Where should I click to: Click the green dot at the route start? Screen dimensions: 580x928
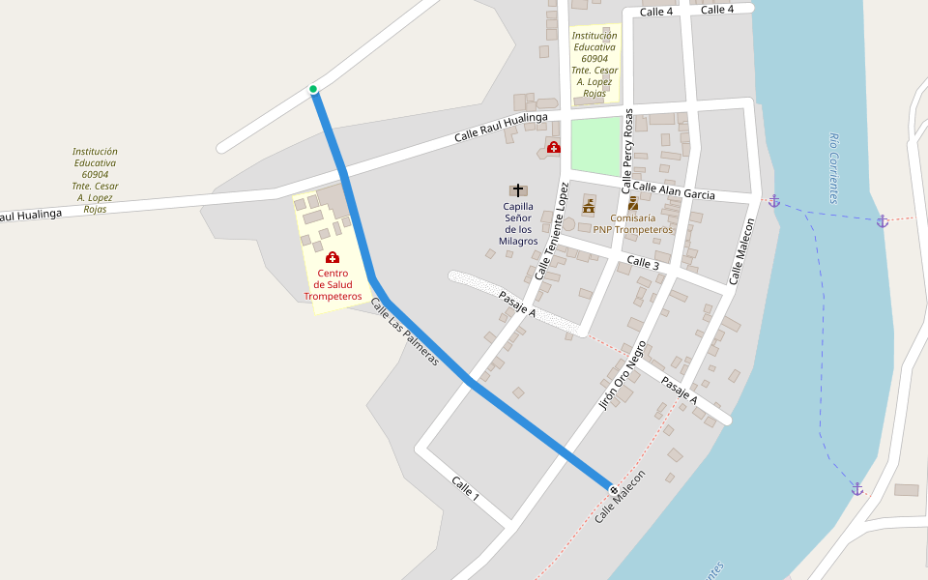313,90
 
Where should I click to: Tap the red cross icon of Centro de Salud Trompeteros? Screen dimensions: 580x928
333,257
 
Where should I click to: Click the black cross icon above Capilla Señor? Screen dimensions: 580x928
518,190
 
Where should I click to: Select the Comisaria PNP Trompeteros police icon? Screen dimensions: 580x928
633,203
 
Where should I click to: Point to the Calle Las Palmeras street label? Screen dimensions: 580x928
404,332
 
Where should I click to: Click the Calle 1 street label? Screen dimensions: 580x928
465,488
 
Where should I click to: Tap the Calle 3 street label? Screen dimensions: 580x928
643,263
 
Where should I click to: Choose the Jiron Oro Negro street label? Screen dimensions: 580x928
623,375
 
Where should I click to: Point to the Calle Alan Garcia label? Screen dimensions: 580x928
674,190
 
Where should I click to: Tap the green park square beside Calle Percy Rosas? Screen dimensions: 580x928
595,146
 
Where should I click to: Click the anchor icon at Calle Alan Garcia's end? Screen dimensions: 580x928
773,201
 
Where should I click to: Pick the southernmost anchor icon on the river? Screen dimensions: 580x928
856,489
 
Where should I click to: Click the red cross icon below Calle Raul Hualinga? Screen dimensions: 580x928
553,147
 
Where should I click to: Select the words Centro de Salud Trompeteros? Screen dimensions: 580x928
333,284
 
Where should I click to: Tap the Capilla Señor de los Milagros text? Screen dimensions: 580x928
518,223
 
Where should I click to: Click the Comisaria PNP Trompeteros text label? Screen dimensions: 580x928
632,223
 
